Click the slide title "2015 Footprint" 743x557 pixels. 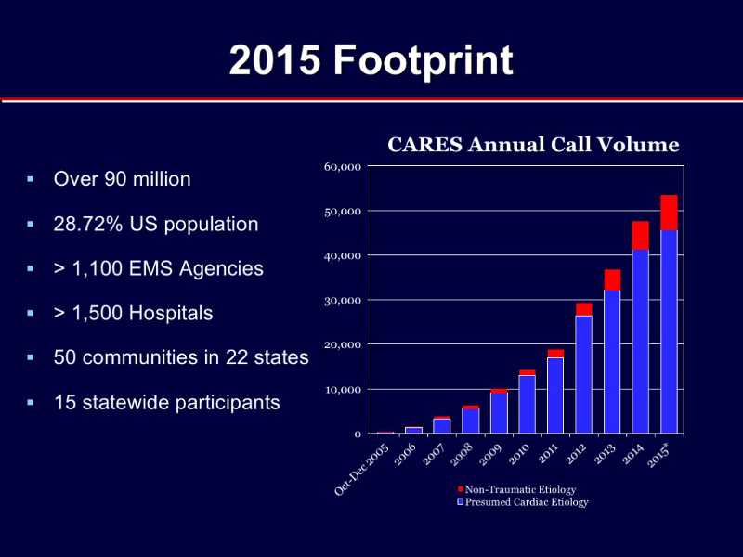pos(371,60)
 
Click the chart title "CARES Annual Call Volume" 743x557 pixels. pos(533,145)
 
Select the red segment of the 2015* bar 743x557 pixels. pos(669,213)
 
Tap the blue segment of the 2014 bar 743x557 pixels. pos(641,342)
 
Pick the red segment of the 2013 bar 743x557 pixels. pos(612,280)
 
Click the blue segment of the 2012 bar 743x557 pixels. pos(584,375)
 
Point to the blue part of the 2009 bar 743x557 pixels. pos(499,413)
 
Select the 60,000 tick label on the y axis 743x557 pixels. pos(343,167)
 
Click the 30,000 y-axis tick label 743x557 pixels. pos(343,300)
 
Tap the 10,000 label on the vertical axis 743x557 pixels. pos(343,390)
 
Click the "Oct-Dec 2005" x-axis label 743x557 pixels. pos(361,470)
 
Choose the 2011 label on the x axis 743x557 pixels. pos(548,455)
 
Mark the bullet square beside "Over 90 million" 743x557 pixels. pos(31,179)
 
